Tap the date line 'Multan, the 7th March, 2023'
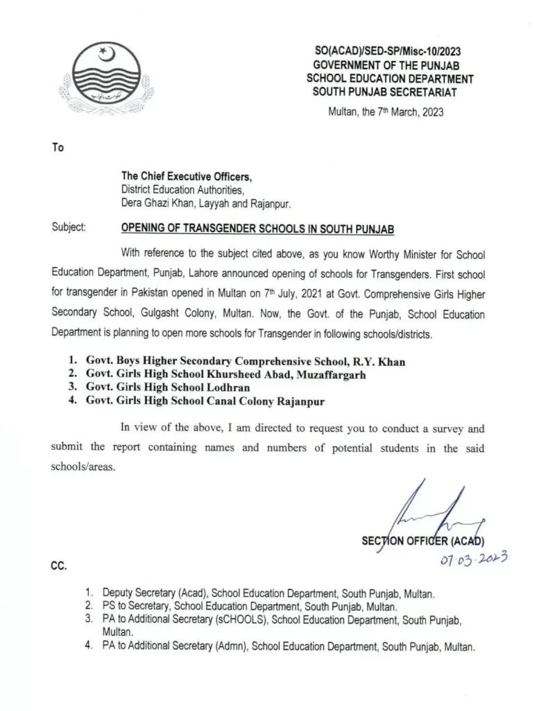(x=385, y=111)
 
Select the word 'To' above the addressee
(x=58, y=147)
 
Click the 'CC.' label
(x=58, y=567)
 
